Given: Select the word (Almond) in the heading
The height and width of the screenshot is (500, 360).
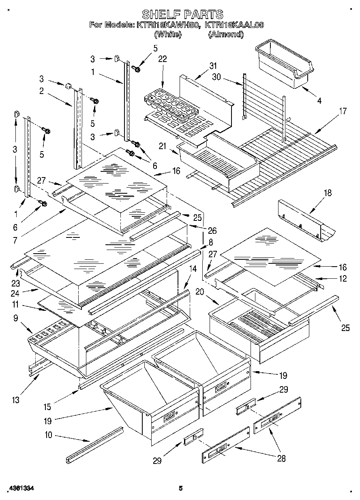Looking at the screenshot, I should [226, 35].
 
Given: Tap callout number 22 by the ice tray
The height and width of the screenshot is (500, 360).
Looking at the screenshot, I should [163, 59].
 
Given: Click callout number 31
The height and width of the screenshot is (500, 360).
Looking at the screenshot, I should [213, 66].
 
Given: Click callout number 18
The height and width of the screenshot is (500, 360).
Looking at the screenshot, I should [327, 193].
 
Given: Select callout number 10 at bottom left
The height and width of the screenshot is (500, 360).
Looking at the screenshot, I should [48, 436].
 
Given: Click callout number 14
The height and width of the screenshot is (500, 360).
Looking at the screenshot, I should [193, 269].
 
